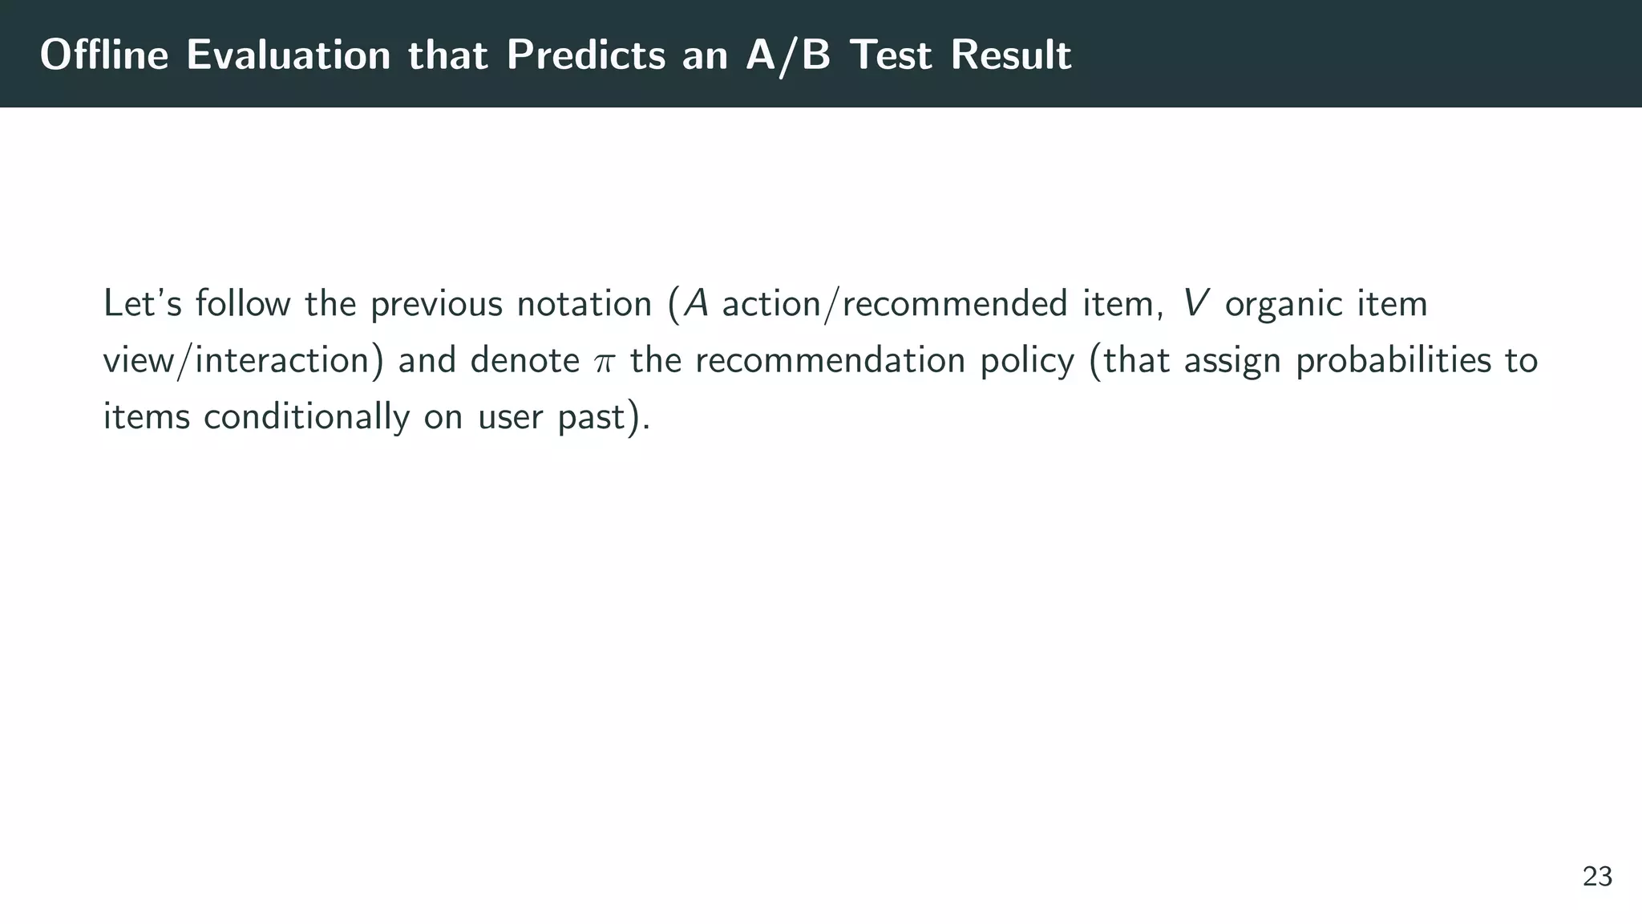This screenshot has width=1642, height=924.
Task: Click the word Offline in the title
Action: point(104,55)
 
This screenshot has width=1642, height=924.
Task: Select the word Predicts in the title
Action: point(586,55)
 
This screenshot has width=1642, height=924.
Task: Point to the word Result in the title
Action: point(1011,55)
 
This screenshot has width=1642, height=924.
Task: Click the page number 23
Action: point(1597,877)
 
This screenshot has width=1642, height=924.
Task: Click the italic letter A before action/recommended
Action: point(695,304)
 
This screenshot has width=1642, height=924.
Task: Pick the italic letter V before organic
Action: point(1196,304)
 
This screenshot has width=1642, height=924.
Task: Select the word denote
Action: point(524,360)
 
